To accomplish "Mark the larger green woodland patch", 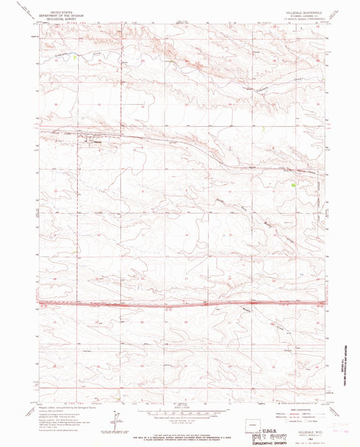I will tap(292, 182).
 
